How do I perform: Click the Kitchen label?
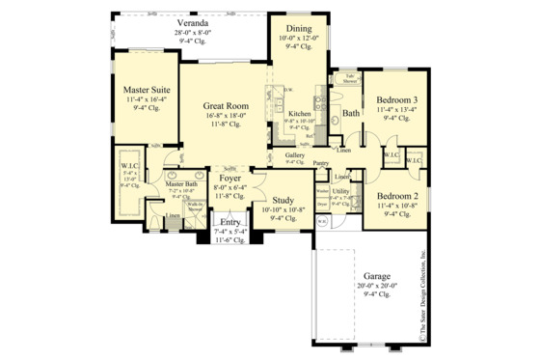click(299, 114)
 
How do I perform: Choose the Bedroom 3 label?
click(396, 100)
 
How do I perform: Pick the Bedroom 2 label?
click(396, 195)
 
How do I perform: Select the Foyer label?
click(229, 179)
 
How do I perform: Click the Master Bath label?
click(181, 183)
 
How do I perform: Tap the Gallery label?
click(295, 154)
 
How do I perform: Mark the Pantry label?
click(322, 164)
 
